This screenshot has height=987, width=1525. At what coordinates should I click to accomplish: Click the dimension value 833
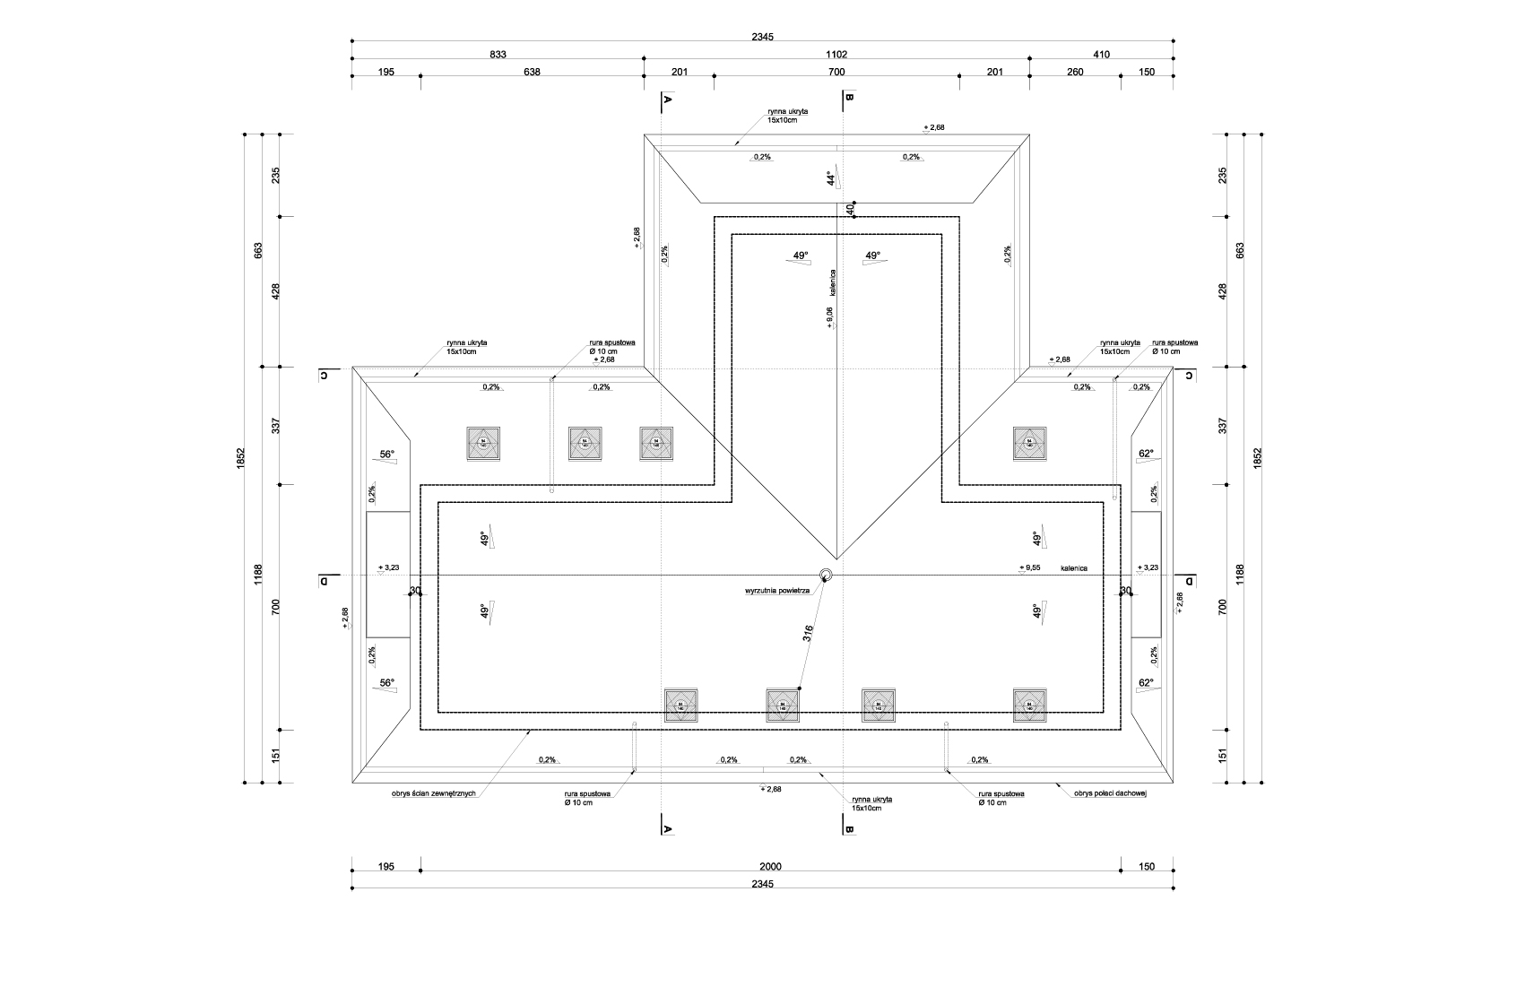(498, 55)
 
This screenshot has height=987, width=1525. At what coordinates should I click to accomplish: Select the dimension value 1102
(836, 55)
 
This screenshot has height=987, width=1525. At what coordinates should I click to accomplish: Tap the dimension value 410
(1101, 55)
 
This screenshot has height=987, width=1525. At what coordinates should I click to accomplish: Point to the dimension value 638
(532, 73)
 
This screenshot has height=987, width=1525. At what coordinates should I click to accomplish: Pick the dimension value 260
(1074, 73)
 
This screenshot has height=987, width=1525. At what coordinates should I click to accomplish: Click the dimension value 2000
(770, 866)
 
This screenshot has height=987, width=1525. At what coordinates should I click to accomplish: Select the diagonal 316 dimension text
(808, 634)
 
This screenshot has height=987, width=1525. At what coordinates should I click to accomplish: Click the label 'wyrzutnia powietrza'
(776, 592)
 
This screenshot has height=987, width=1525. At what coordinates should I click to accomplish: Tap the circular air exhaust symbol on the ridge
(826, 575)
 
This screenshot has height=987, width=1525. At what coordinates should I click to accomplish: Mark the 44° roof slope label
(831, 178)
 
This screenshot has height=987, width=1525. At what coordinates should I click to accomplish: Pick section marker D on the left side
(323, 580)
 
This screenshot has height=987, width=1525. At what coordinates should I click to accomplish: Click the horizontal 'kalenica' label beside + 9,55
(1073, 568)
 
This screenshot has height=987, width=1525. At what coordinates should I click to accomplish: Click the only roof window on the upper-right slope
(1029, 443)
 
